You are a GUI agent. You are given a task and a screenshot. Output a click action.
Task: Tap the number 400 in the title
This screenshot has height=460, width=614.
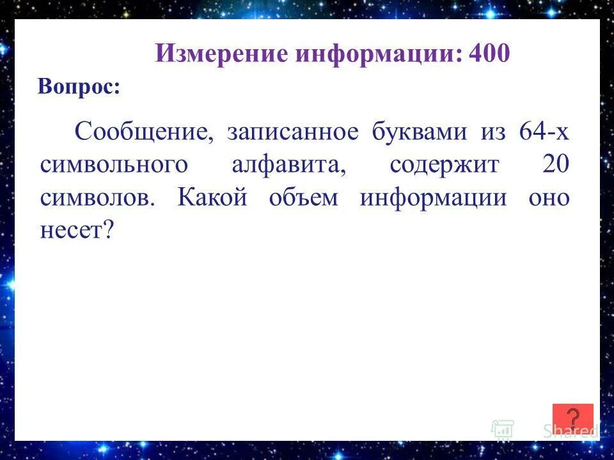[489, 54]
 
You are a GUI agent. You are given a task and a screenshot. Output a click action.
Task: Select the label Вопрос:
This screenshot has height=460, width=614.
[79, 87]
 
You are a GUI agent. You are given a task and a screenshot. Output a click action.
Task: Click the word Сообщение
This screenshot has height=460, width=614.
[144, 133]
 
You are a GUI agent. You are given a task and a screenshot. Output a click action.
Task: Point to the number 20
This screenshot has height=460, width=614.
[555, 165]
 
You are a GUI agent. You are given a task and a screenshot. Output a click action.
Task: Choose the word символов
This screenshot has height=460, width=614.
[97, 198]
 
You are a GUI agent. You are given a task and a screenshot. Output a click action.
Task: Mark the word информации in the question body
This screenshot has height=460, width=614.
[432, 198]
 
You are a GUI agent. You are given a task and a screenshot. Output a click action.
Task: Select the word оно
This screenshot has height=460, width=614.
[549, 198]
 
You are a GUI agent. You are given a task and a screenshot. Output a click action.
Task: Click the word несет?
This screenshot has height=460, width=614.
[77, 231]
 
